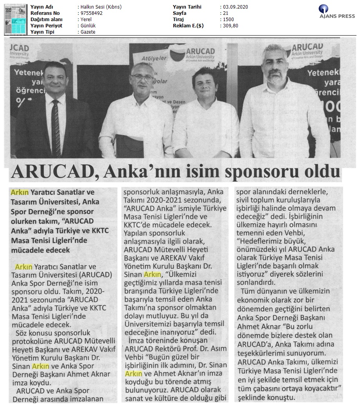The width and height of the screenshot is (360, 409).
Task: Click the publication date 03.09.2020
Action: [x=235, y=7]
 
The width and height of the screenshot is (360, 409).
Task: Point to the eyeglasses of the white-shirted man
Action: [x=142, y=77]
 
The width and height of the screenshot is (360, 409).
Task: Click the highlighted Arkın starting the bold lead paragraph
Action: [x=19, y=192]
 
